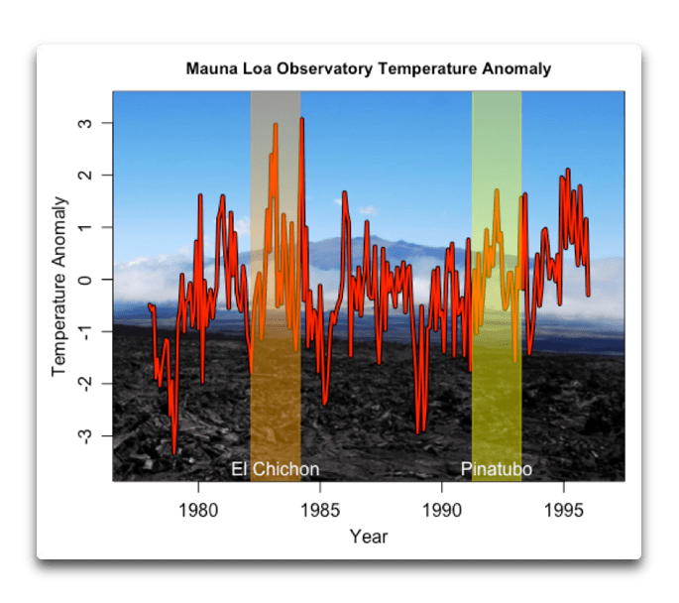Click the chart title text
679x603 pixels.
(x=368, y=69)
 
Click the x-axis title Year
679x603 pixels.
(x=368, y=537)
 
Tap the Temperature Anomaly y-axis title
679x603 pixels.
(x=58, y=286)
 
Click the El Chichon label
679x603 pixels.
(x=275, y=469)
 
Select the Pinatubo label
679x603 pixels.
(x=497, y=469)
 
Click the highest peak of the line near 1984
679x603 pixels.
(x=301, y=119)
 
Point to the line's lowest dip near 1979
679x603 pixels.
(x=174, y=452)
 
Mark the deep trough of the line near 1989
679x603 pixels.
(x=418, y=432)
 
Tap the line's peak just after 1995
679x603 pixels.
(x=568, y=171)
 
